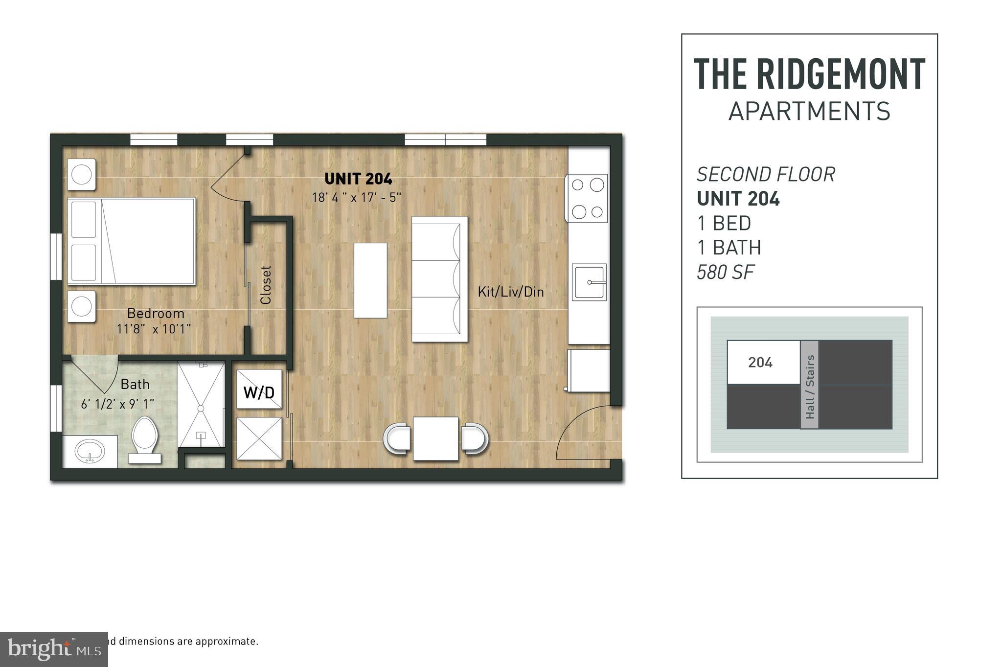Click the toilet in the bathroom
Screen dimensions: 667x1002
[x=145, y=438]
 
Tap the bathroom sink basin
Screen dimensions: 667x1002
[x=90, y=451]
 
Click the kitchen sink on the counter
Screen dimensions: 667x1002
[x=589, y=282]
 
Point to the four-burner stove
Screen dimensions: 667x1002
[x=587, y=198]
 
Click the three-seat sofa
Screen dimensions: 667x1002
[x=439, y=279]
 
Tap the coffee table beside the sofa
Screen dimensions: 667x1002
[x=370, y=280]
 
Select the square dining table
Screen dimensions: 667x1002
[x=435, y=438]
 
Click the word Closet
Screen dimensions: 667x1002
[x=266, y=285]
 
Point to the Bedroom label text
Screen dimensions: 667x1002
[x=156, y=313]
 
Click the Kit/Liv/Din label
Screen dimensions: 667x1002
[x=511, y=292]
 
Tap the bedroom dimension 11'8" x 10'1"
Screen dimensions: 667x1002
[x=154, y=329]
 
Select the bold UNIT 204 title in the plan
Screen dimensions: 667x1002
[x=358, y=179]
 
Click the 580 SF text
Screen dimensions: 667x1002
[x=726, y=273]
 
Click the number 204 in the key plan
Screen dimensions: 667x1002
[x=760, y=363]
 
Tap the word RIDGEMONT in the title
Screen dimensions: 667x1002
[x=841, y=74]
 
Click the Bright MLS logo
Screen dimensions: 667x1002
[x=54, y=649]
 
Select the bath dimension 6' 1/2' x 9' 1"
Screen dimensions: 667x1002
[x=117, y=404]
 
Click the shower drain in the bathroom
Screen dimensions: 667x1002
[x=201, y=408]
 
